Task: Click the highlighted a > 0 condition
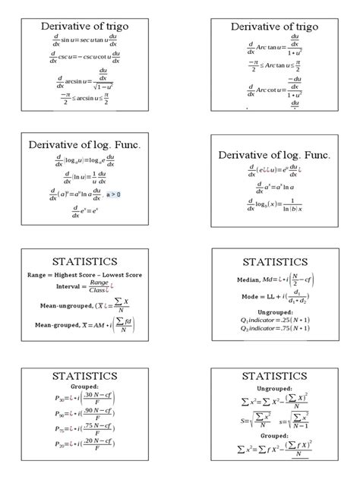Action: pos(113,194)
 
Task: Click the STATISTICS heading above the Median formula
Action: pos(274,262)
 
